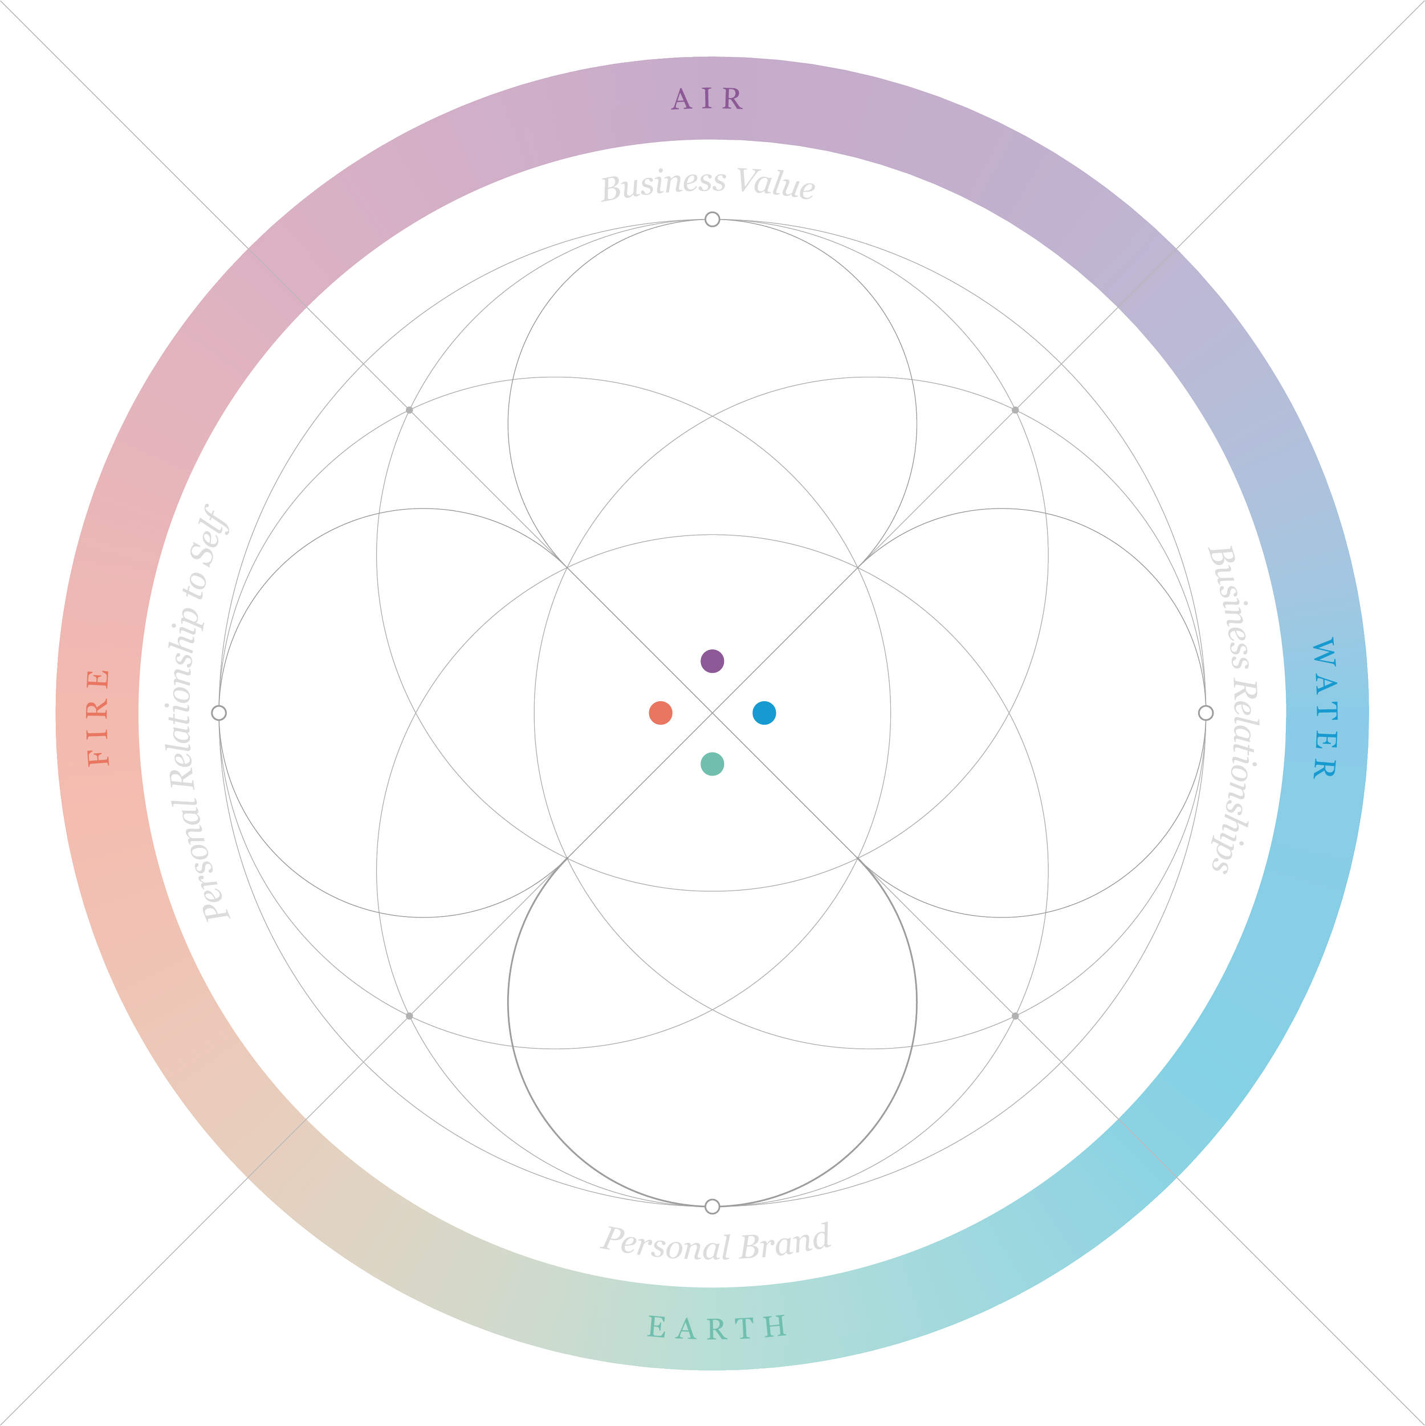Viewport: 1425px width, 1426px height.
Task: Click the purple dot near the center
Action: pos(712,661)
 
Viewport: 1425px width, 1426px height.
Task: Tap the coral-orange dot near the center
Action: pos(661,713)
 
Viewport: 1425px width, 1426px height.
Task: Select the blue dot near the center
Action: pos(764,713)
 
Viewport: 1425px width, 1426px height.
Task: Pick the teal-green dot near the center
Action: pos(712,764)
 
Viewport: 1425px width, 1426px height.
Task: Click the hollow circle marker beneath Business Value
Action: pos(712,219)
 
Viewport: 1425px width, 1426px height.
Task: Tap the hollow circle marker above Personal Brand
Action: pos(712,1206)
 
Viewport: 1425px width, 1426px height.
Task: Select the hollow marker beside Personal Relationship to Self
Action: pos(218,713)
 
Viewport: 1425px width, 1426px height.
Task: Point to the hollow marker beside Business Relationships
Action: pos(1205,713)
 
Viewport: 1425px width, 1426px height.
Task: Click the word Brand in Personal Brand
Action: pos(785,1242)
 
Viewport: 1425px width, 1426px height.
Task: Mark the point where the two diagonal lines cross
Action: pos(712,713)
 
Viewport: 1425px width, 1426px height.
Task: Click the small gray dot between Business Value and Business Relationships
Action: pos(1015,409)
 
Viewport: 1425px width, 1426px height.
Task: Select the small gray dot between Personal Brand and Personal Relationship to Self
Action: pos(410,1015)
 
